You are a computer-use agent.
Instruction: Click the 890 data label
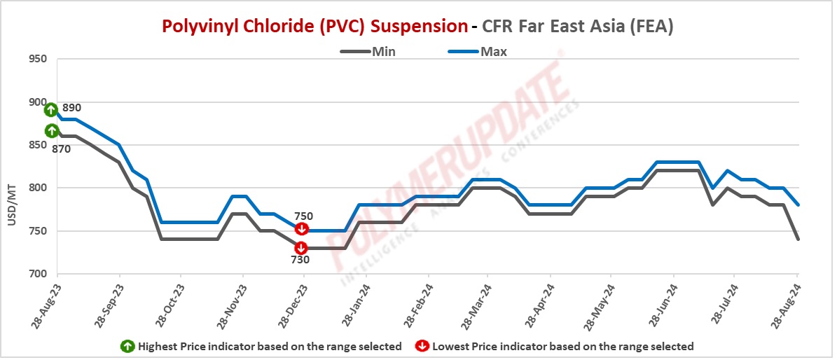coord(72,109)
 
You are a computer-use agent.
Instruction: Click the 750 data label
coord(303,216)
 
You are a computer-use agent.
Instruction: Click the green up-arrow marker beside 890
coord(51,110)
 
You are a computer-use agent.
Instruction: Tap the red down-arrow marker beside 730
coord(301,247)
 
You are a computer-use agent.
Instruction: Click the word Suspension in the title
coord(418,27)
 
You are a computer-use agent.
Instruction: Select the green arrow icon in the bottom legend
coord(128,346)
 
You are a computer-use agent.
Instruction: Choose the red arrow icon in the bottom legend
coord(423,346)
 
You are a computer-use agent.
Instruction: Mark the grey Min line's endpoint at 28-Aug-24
coord(798,240)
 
